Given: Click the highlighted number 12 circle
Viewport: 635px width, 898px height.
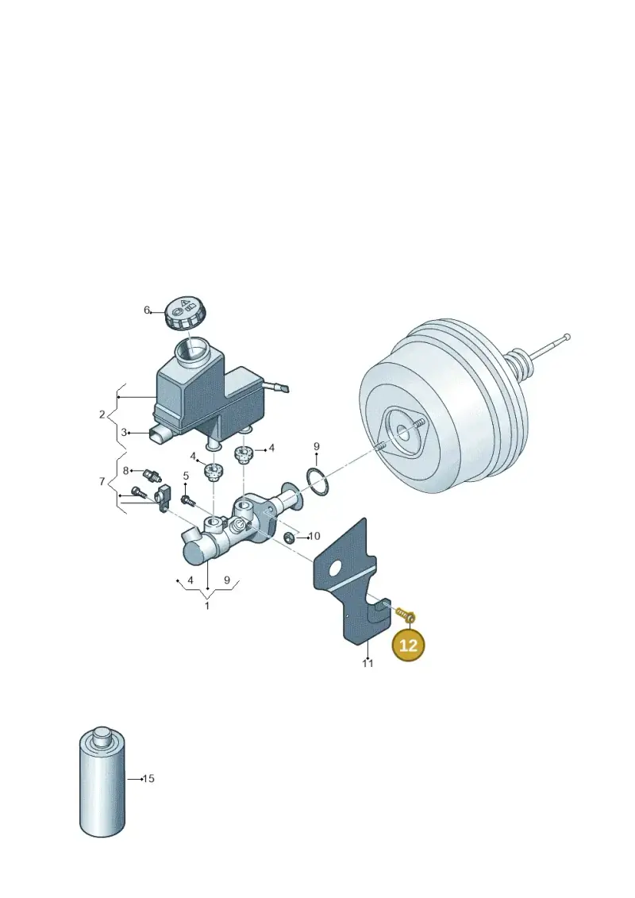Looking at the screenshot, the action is [x=408, y=645].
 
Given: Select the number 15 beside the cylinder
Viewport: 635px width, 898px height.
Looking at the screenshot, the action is [x=148, y=779].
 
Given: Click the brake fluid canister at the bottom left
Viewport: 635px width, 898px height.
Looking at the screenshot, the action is [x=102, y=783].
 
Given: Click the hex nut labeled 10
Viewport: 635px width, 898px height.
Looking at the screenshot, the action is [x=290, y=538].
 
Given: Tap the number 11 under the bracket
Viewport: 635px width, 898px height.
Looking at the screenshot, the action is [x=368, y=663].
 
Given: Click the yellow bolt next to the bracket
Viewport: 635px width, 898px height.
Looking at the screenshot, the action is [x=406, y=615].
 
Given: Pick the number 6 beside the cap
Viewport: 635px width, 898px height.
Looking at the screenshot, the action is [x=147, y=310].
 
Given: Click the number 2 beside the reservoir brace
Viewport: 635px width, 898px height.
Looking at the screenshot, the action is [x=102, y=414].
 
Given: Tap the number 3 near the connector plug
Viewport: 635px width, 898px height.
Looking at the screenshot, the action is [x=124, y=433].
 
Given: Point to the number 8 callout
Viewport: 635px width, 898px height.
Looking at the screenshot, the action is [x=126, y=471].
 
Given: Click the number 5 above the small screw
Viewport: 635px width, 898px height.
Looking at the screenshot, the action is [x=186, y=476].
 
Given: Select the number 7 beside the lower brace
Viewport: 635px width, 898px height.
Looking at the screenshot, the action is [x=102, y=482].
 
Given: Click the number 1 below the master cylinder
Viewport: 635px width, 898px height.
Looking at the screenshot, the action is [x=207, y=605].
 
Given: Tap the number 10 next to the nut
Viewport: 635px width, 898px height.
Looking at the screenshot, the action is [x=314, y=537].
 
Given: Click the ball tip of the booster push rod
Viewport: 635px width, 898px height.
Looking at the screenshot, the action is [x=567, y=337].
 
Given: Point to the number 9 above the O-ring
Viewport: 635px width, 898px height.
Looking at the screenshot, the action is [x=316, y=447].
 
